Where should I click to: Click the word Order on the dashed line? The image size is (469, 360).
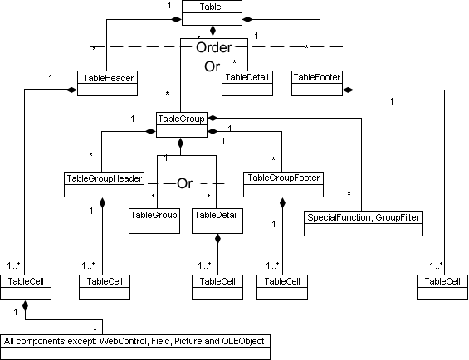click(x=213, y=48)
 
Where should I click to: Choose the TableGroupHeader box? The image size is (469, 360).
click(x=104, y=178)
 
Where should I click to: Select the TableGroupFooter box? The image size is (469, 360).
click(x=282, y=178)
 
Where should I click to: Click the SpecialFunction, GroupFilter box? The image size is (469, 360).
click(x=364, y=219)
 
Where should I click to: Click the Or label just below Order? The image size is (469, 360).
click(x=213, y=65)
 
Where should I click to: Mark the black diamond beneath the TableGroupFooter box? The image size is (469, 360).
click(x=282, y=202)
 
